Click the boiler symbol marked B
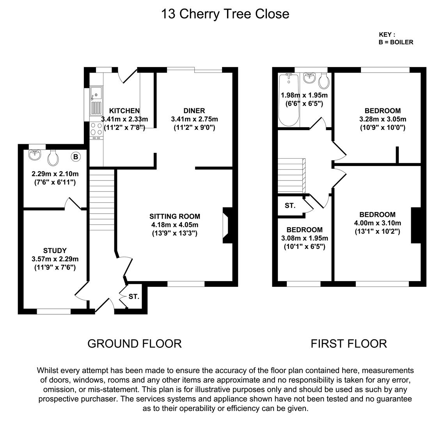click(x=76, y=157)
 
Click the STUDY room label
click(x=55, y=251)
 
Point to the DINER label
click(x=194, y=111)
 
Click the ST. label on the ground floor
click(x=134, y=297)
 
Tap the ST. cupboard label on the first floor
click(x=290, y=206)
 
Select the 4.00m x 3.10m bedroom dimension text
click(x=377, y=223)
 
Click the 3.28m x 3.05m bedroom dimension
click(x=383, y=119)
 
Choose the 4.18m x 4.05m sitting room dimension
click(x=175, y=225)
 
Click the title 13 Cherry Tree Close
click(x=225, y=14)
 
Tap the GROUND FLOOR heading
click(x=134, y=343)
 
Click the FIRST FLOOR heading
click(x=348, y=343)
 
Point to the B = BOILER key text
click(x=396, y=42)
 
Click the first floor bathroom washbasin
click(x=309, y=77)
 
